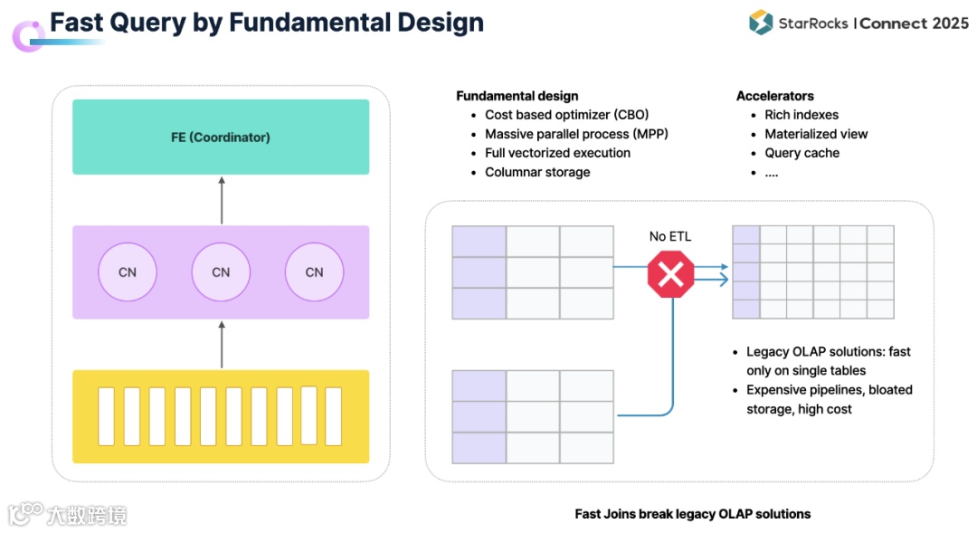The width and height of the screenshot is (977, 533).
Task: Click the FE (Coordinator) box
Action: (x=221, y=137)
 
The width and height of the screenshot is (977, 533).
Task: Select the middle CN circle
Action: (x=221, y=271)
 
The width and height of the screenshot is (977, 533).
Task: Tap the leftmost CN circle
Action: (x=128, y=271)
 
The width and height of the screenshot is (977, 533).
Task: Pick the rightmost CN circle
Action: (x=314, y=271)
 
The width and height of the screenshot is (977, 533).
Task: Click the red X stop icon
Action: (x=670, y=273)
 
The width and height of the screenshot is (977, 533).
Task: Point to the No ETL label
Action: (x=669, y=236)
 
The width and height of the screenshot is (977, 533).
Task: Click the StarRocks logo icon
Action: (x=761, y=23)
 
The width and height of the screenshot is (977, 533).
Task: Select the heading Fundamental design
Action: (x=517, y=96)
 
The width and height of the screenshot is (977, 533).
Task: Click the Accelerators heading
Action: (x=775, y=96)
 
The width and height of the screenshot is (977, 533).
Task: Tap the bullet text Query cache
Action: (x=802, y=153)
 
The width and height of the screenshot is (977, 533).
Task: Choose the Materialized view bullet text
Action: (x=816, y=134)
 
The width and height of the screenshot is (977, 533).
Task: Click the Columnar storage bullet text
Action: (x=537, y=172)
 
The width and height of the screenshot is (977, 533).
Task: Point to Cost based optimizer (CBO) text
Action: (x=567, y=115)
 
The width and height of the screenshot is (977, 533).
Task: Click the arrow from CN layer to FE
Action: (x=222, y=200)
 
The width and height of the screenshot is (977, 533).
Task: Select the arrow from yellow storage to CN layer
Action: (x=222, y=345)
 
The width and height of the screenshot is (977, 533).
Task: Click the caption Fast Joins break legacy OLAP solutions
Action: (x=693, y=514)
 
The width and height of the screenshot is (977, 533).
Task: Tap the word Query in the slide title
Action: (x=147, y=23)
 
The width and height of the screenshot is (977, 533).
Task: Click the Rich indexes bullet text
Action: (x=802, y=115)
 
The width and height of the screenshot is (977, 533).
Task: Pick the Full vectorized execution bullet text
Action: (x=557, y=153)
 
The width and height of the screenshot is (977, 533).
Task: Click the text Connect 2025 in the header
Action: (x=914, y=24)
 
